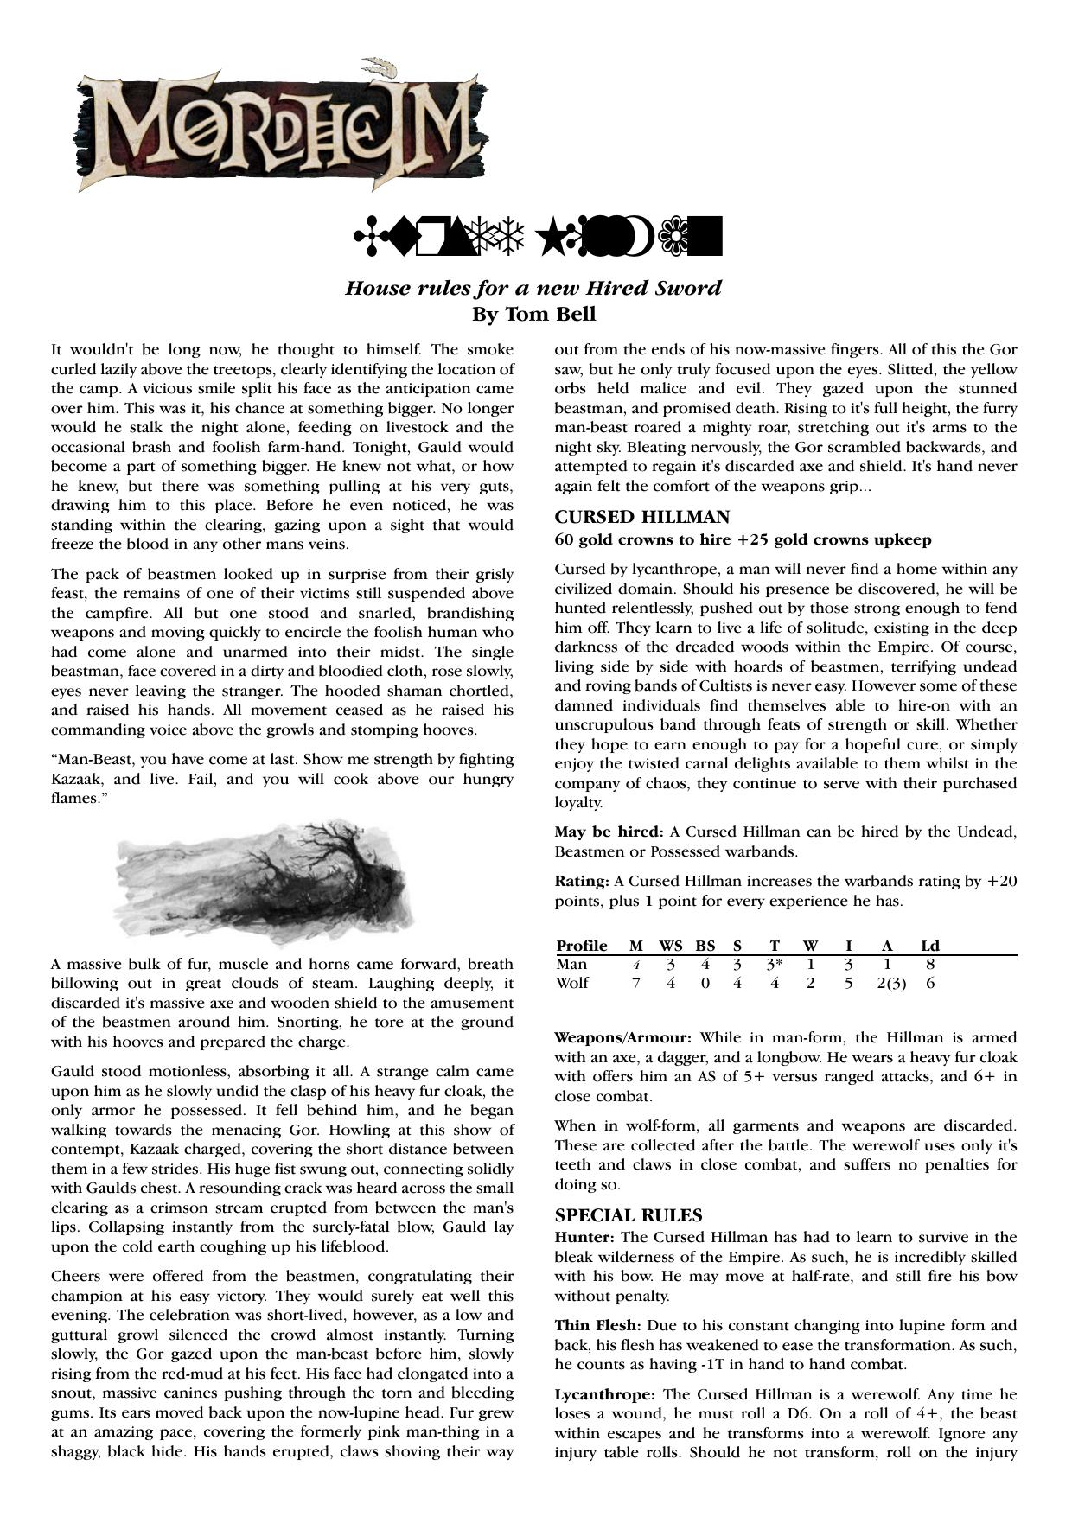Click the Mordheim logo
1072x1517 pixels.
[281, 127]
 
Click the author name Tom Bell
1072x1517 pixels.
[533, 314]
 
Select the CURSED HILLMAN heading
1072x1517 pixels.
[641, 517]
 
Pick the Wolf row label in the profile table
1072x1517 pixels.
[572, 983]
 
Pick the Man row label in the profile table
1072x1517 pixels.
[571, 964]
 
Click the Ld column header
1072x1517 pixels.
[930, 946]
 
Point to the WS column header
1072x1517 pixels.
[672, 946]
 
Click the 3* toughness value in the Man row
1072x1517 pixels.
[775, 964]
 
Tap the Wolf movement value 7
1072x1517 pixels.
[636, 983]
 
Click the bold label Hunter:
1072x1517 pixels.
[584, 1238]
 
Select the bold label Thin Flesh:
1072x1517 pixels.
[597, 1325]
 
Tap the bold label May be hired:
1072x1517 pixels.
[609, 832]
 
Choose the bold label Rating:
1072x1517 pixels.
[582, 882]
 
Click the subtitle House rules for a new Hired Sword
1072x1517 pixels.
[533, 288]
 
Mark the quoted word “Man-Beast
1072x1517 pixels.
[90, 759]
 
